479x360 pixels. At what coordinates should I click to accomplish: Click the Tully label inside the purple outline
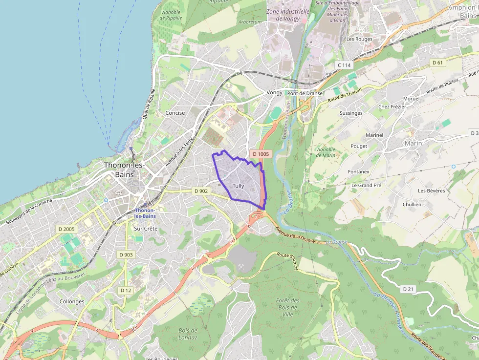[x=238, y=186]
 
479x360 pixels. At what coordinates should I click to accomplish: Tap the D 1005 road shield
[x=260, y=154]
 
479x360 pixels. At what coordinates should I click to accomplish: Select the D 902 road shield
[x=201, y=191]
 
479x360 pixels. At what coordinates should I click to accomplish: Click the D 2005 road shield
[x=66, y=229]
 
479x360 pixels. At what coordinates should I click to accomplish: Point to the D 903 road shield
[x=126, y=254]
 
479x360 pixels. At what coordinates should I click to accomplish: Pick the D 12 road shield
[x=126, y=290]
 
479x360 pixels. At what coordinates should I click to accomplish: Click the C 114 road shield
[x=344, y=65]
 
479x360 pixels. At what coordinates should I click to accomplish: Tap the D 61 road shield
[x=437, y=63]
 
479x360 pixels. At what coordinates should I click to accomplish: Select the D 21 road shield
[x=409, y=289]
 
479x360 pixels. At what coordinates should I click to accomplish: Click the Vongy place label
[x=275, y=93]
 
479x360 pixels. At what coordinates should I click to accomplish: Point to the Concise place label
[x=175, y=113]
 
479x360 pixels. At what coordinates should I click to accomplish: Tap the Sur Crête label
[x=146, y=229]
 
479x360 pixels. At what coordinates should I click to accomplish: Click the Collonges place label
[x=72, y=301]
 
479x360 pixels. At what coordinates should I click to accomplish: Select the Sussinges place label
[x=351, y=113]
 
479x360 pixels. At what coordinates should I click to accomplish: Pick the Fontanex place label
[x=359, y=171]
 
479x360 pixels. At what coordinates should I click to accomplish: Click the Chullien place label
[x=412, y=204]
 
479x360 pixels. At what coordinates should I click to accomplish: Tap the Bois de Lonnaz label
[x=188, y=334]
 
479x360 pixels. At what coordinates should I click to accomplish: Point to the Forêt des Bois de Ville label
[x=287, y=307]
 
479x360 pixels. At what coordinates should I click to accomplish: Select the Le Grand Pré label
[x=366, y=186]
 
